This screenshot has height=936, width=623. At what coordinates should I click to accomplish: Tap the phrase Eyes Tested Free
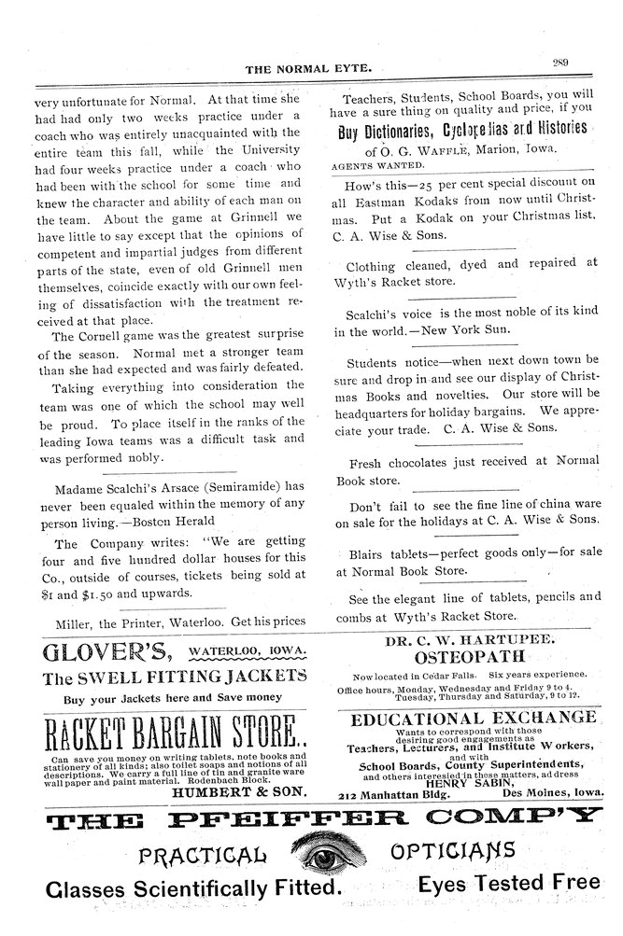click(x=508, y=883)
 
